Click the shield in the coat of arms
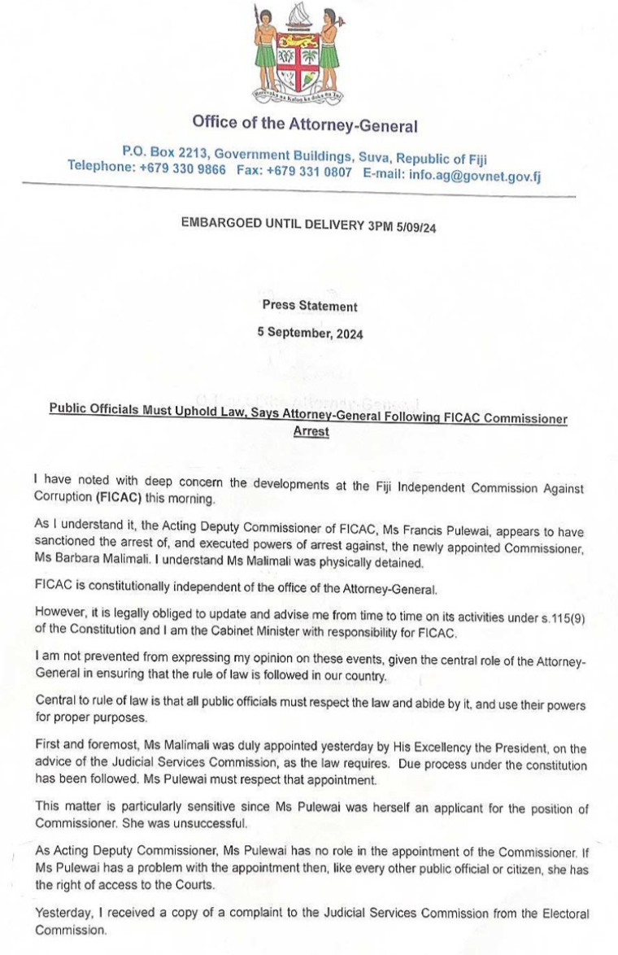[297, 60]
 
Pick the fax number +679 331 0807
[315, 172]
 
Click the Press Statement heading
[309, 307]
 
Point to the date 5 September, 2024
[311, 333]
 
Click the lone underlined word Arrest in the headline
[311, 432]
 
